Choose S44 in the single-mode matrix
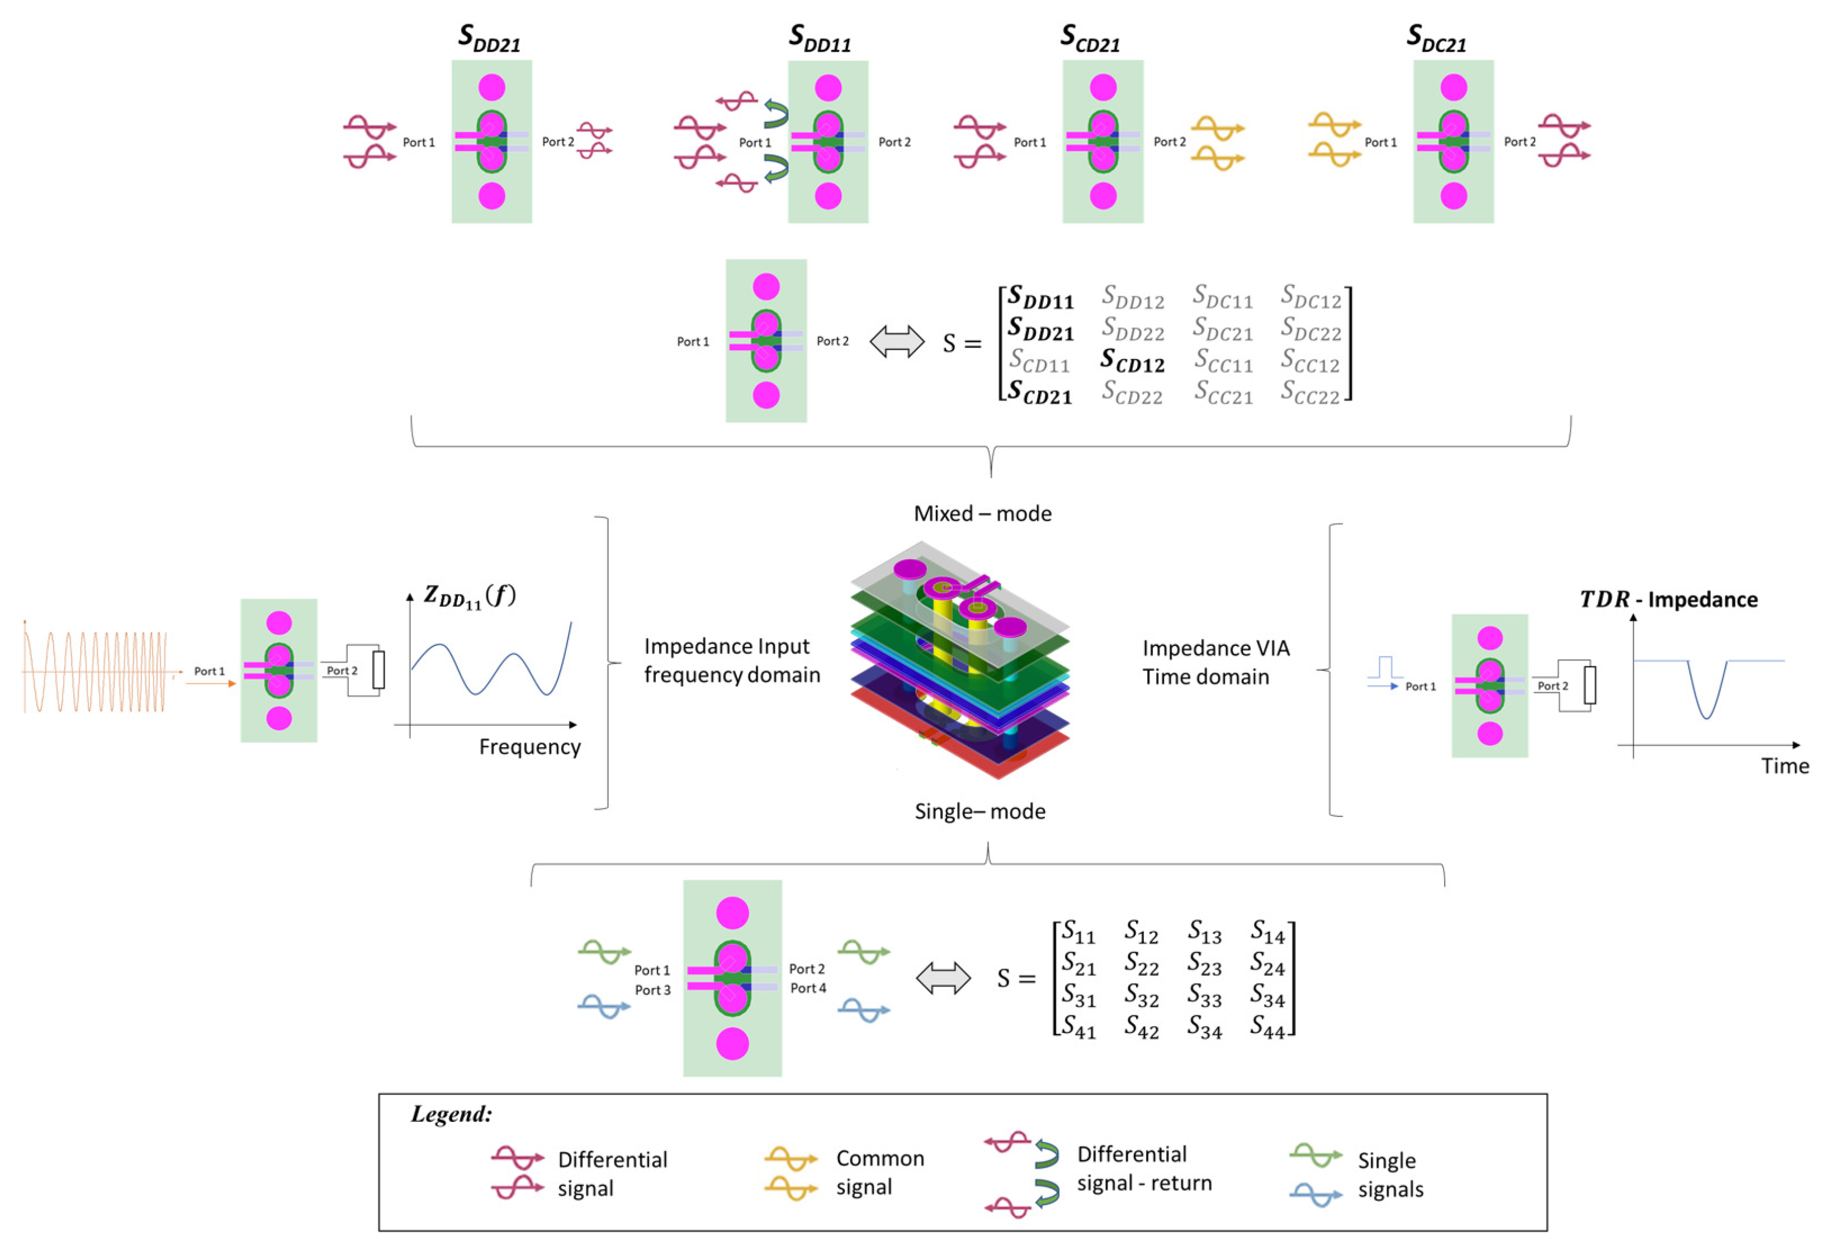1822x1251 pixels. pyautogui.click(x=1267, y=1027)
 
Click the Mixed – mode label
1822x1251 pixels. pyautogui.click(x=982, y=514)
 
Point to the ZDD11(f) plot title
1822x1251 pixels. pyautogui.click(x=470, y=597)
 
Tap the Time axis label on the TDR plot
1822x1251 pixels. pyautogui.click(x=1785, y=766)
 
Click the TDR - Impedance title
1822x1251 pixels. pyautogui.click(x=1668, y=600)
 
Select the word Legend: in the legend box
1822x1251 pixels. pyautogui.click(x=452, y=1115)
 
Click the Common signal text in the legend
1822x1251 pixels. pyautogui.click(x=879, y=1173)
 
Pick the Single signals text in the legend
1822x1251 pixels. pyautogui.click(x=1390, y=1175)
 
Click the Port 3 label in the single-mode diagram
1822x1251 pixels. pyautogui.click(x=652, y=990)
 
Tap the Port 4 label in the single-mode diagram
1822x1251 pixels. pyautogui.click(x=807, y=988)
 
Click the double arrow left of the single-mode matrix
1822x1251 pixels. pyautogui.click(x=943, y=979)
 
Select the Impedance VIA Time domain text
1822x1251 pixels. pyautogui.click(x=1215, y=663)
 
